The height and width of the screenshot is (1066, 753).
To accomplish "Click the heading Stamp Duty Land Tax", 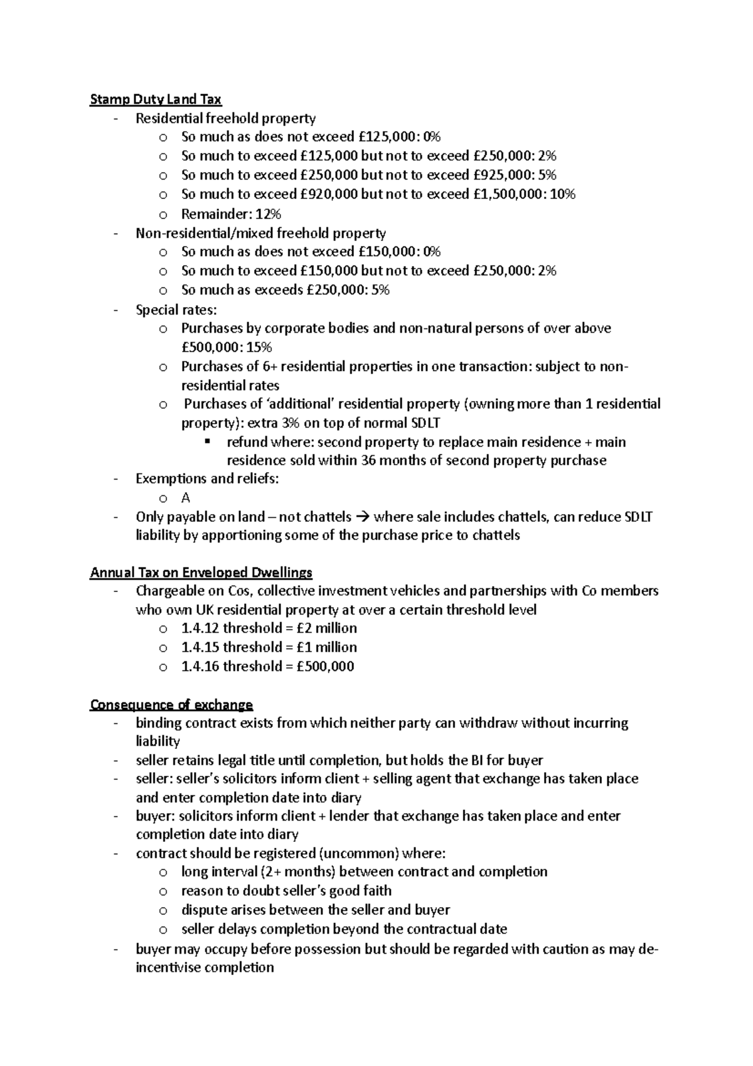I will (156, 99).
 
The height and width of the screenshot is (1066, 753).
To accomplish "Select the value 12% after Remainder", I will (269, 214).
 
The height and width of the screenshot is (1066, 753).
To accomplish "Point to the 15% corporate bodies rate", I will (259, 347).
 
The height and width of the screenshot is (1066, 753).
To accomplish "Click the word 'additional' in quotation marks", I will (300, 404).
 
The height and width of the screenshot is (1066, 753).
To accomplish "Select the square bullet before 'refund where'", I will (207, 441).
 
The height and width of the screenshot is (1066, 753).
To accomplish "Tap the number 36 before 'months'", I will (370, 460).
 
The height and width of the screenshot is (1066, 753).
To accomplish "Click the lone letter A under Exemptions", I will (185, 498).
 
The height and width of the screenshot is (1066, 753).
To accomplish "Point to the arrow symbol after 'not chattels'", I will (363, 517).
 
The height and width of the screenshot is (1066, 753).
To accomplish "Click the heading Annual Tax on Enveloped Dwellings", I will (201, 573).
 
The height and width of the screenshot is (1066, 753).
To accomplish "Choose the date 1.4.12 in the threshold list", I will (200, 628).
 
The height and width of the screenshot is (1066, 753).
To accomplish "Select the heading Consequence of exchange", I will (171, 704).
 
